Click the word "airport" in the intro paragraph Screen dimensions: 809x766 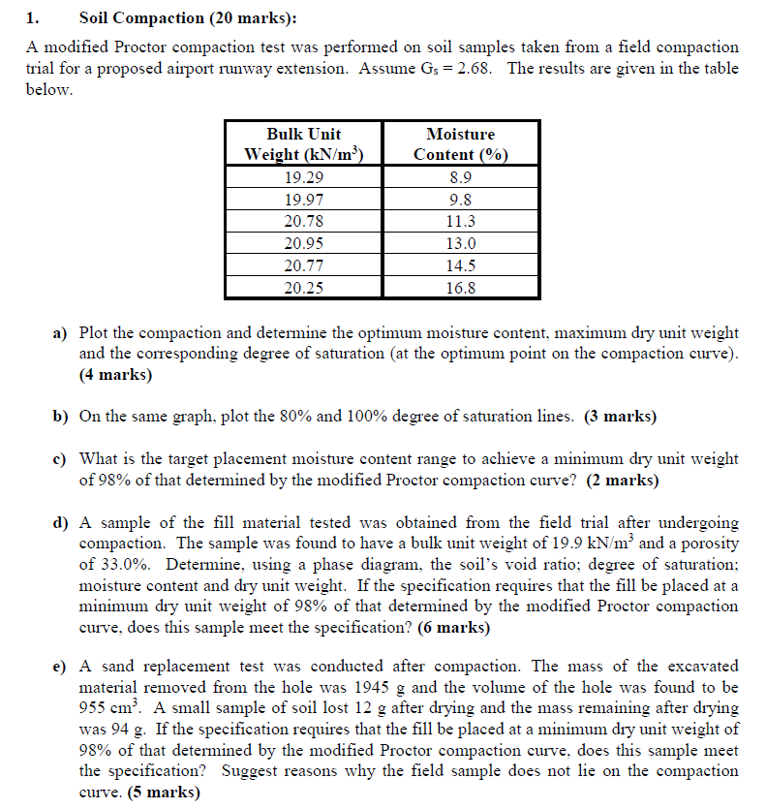coord(326,68)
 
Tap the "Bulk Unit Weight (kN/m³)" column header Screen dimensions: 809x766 coord(303,144)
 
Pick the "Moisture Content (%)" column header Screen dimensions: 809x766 coord(460,144)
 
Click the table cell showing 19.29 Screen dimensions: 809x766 coord(303,177)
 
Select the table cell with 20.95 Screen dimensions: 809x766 coord(303,243)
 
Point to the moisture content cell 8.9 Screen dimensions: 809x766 coord(460,177)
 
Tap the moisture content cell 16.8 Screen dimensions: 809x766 coord(460,287)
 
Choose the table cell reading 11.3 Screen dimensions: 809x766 coord(460,221)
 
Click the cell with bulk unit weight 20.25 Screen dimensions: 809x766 coord(303,287)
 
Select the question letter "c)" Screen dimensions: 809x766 coord(59,458)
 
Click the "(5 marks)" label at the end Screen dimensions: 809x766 coord(163,792)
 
